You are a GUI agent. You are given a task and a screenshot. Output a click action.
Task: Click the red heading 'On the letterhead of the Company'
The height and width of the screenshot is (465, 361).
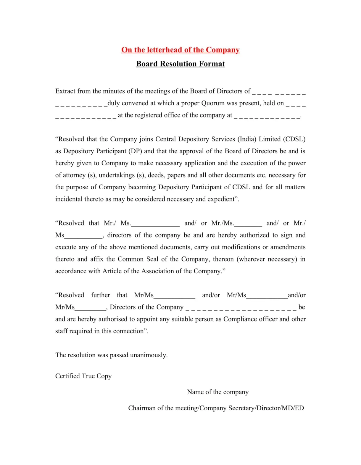180,50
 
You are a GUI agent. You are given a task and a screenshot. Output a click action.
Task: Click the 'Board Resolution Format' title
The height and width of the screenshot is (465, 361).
180,64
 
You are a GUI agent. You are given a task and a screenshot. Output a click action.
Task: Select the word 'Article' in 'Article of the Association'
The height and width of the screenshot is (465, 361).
112,271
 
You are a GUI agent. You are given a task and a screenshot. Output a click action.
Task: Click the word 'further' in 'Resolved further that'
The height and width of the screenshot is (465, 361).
101,295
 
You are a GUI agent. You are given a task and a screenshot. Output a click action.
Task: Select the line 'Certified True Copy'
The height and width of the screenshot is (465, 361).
83,376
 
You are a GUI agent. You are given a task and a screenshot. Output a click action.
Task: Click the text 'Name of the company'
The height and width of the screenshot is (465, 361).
218,392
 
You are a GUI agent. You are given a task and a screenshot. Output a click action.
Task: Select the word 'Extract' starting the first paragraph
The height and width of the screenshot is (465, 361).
65,91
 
